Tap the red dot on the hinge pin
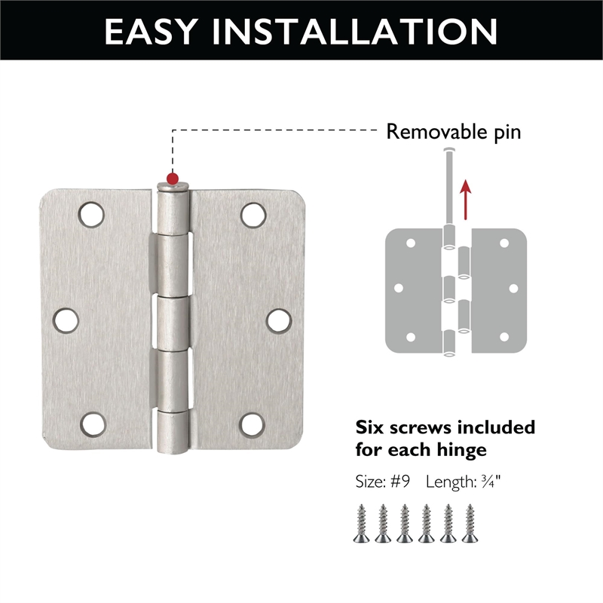173,179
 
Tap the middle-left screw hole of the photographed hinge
66,320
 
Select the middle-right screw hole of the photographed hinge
279,320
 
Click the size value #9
399,481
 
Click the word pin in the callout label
504,133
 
